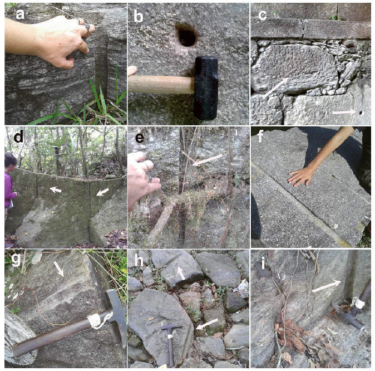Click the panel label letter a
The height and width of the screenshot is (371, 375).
(20, 14)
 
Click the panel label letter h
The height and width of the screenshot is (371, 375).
(139, 261)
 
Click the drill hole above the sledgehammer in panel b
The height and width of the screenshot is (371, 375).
(187, 37)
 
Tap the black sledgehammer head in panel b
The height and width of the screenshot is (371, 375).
(206, 88)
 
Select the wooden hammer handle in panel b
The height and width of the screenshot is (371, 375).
(161, 85)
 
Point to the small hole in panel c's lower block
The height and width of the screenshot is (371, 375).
(361, 113)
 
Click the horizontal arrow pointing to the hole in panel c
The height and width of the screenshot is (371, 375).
(344, 112)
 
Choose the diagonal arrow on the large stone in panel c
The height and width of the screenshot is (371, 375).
(275, 87)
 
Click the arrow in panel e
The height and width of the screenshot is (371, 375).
(207, 160)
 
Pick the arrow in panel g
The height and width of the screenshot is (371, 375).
(58, 269)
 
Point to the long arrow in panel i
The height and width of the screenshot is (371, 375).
(327, 286)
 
